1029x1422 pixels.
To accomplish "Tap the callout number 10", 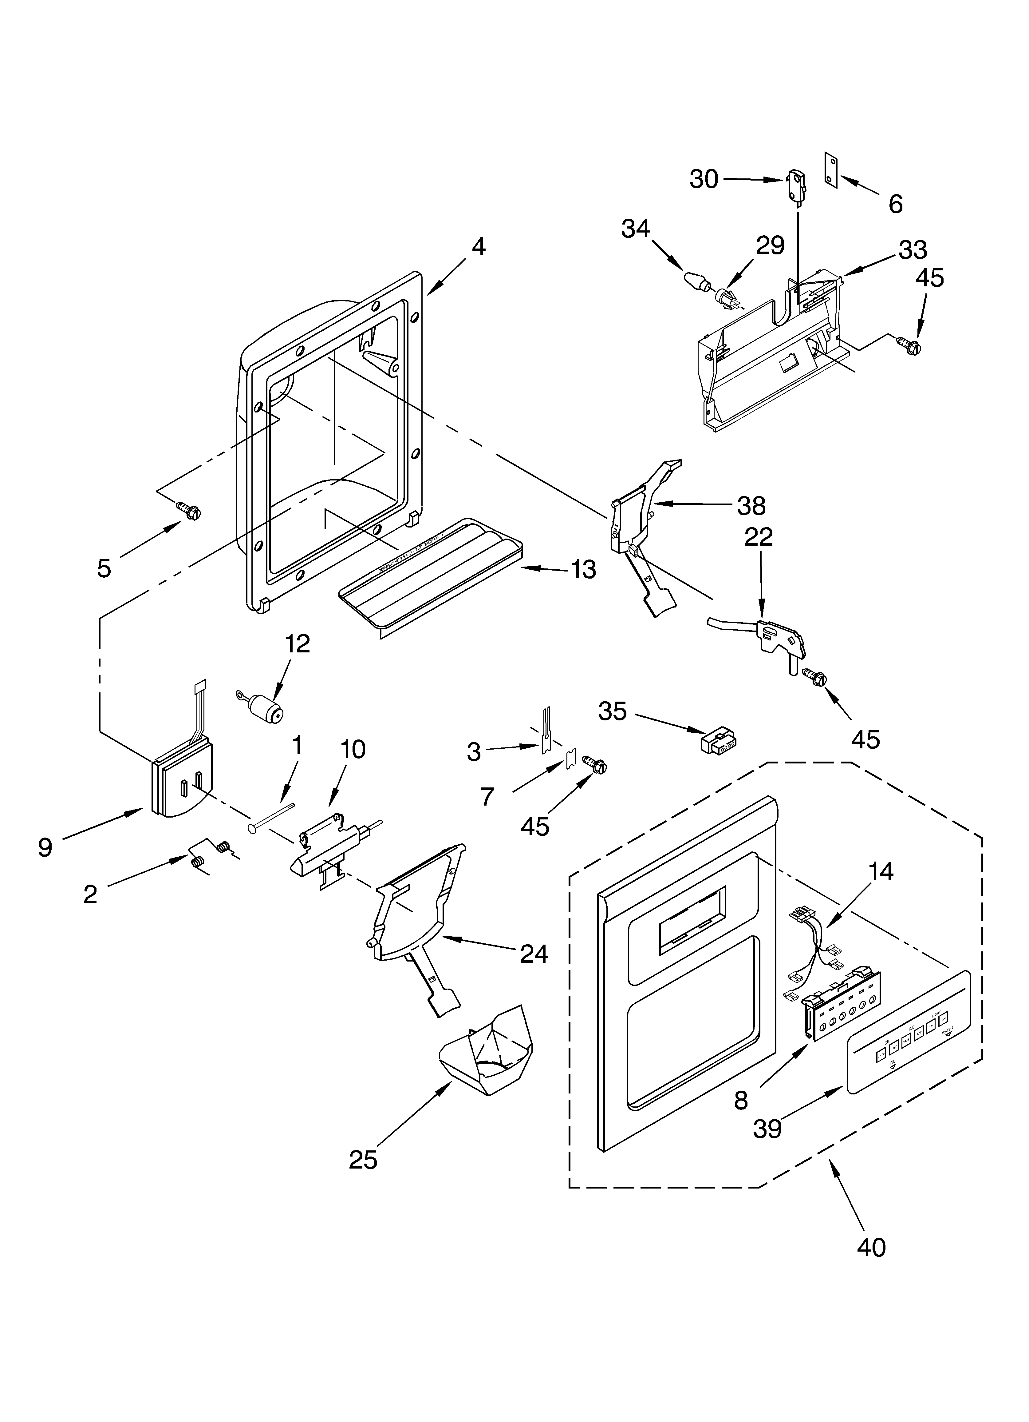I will coord(353,749).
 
